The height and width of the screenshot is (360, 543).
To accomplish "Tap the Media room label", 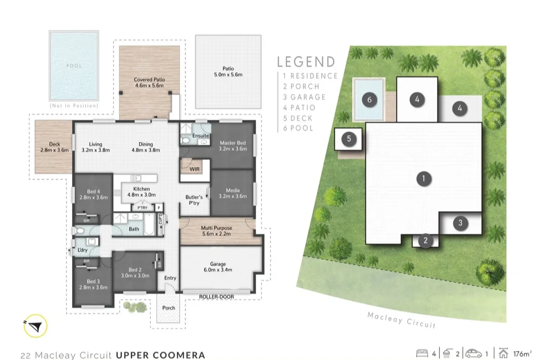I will [x=232, y=193].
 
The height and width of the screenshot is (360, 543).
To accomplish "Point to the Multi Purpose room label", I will [x=217, y=231].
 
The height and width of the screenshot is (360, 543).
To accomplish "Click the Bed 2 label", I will [x=134, y=273].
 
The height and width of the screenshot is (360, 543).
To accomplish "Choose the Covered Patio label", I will [x=149, y=83].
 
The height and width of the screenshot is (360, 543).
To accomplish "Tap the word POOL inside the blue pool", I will [x=74, y=66].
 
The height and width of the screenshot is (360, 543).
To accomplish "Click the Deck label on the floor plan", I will [x=54, y=147].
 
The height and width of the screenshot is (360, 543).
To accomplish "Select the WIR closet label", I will [x=194, y=168].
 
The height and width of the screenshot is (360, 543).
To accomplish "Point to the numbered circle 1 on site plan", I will [x=422, y=178].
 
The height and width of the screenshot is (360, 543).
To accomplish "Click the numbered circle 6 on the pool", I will [x=369, y=100].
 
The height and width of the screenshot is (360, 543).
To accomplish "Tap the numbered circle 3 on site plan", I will [x=460, y=223].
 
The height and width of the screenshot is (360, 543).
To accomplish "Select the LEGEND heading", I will [x=306, y=62].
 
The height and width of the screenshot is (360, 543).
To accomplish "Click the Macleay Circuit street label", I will [x=401, y=319].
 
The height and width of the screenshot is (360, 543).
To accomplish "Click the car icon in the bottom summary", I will [x=474, y=353].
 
